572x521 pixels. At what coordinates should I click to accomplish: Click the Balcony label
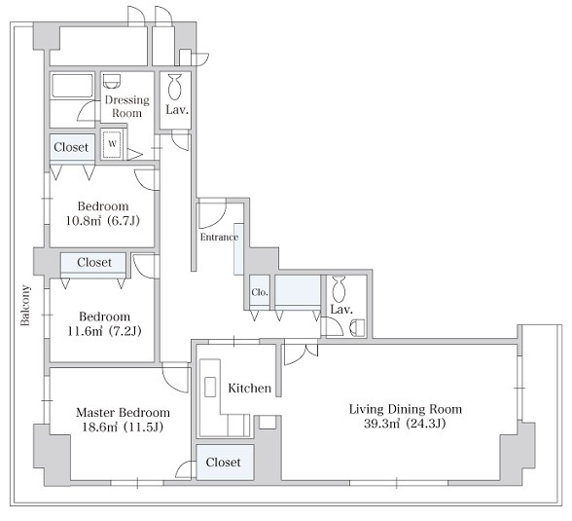click(x=25, y=305)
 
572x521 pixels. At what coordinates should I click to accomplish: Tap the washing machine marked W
click(x=113, y=144)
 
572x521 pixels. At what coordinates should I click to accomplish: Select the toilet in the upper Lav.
click(x=175, y=87)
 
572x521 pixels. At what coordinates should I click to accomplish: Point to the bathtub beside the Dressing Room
click(x=72, y=86)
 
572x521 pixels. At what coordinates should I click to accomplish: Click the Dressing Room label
click(x=126, y=106)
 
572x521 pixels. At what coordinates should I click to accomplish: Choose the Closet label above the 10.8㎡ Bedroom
click(x=71, y=147)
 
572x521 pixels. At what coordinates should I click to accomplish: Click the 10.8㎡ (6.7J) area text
click(x=103, y=221)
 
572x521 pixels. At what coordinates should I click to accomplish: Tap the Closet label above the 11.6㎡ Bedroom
click(x=94, y=262)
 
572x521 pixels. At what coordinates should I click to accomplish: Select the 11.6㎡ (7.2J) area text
click(x=104, y=331)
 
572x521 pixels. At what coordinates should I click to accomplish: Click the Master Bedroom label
click(x=123, y=413)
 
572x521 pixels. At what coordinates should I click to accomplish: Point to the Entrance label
click(x=219, y=237)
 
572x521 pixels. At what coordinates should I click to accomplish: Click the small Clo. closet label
click(x=260, y=292)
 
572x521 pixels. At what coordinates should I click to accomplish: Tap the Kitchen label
click(x=249, y=389)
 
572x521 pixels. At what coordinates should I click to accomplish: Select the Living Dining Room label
click(x=406, y=409)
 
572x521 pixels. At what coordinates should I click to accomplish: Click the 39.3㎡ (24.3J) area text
click(x=405, y=424)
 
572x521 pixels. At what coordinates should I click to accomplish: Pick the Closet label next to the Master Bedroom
click(x=223, y=463)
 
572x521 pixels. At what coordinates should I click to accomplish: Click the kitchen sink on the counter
click(x=210, y=387)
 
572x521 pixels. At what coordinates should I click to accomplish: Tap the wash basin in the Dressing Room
click(x=112, y=81)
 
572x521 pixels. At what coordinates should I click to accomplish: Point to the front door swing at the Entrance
click(x=212, y=213)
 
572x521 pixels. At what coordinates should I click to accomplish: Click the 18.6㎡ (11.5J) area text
click(x=123, y=427)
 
